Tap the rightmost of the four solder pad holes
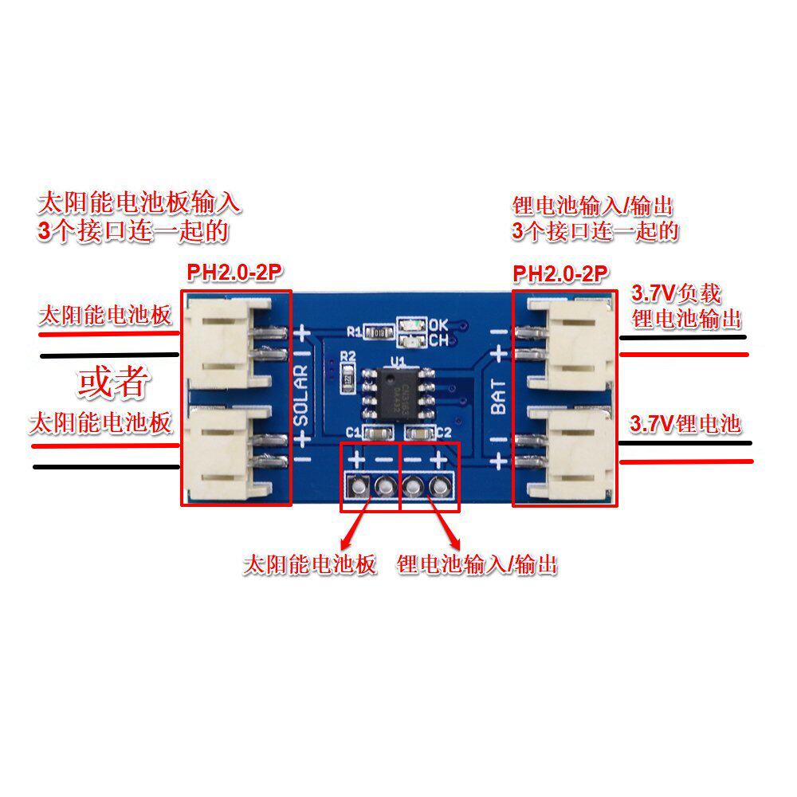437,485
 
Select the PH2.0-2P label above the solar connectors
235,273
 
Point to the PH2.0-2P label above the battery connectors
561,274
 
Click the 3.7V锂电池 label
685,423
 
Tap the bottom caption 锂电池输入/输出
477,565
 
